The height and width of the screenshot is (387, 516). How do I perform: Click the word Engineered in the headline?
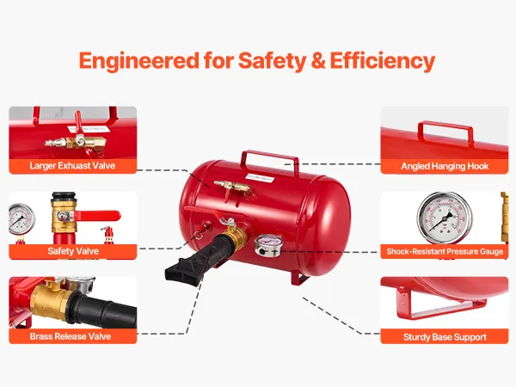pyautogui.click(x=138, y=61)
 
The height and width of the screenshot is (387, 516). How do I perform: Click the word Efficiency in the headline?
pyautogui.click(x=383, y=61)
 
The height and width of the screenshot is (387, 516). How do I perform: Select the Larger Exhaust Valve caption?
pyautogui.click(x=72, y=165)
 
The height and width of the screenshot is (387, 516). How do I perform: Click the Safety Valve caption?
pyautogui.click(x=73, y=251)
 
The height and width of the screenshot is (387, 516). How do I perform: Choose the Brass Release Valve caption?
pyautogui.click(x=71, y=336)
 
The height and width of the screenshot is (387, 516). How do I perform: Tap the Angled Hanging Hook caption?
pyautogui.click(x=445, y=166)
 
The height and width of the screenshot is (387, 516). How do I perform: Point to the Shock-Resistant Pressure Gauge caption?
pyautogui.click(x=445, y=252)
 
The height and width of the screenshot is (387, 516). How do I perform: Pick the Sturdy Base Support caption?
pyautogui.click(x=445, y=337)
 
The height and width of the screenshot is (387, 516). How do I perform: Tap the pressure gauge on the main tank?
pyautogui.click(x=269, y=245)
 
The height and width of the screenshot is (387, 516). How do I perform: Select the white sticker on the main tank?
pyautogui.click(x=260, y=178)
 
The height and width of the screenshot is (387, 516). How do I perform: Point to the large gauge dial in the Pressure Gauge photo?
pyautogui.click(x=445, y=218)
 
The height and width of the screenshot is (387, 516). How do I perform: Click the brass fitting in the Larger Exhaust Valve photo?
pyautogui.click(x=76, y=143)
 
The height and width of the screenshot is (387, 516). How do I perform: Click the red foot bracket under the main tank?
pyautogui.click(x=299, y=278)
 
